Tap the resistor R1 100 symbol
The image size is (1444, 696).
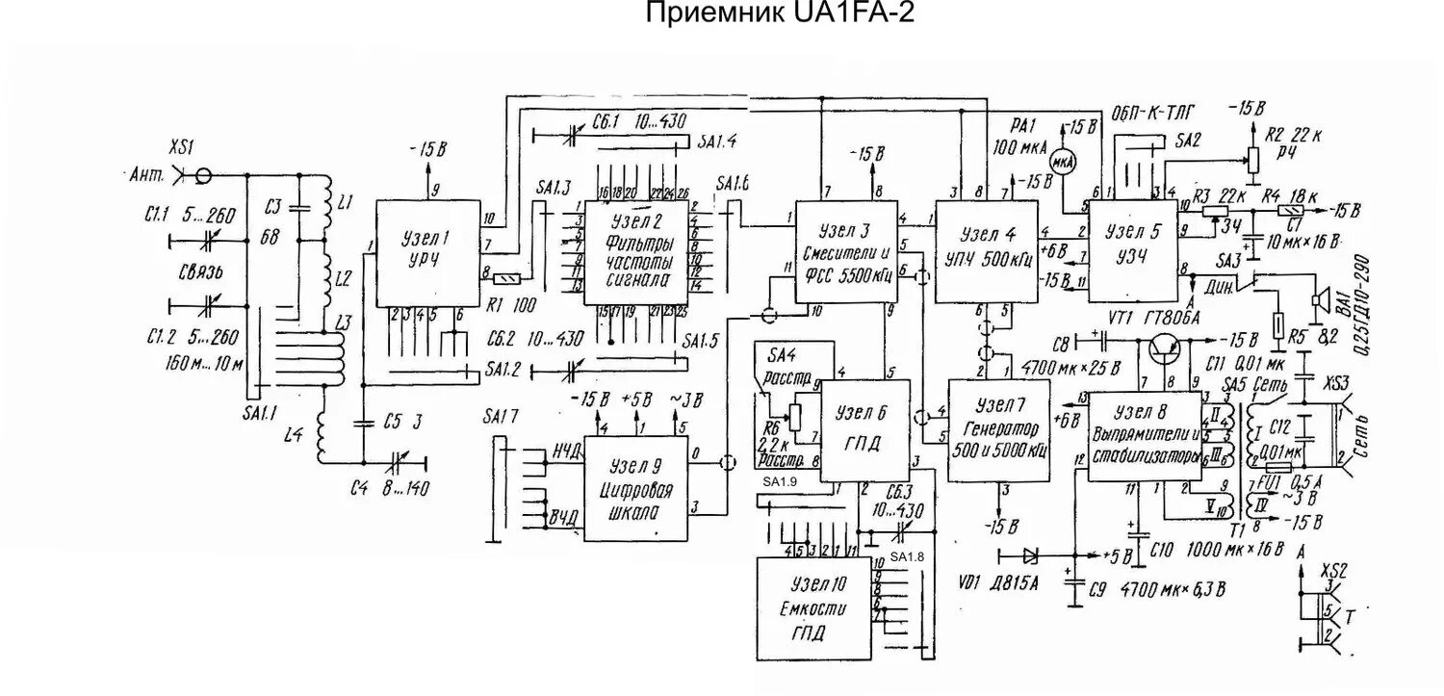tap(506, 279)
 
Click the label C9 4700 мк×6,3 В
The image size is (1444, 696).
tap(1161, 588)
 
